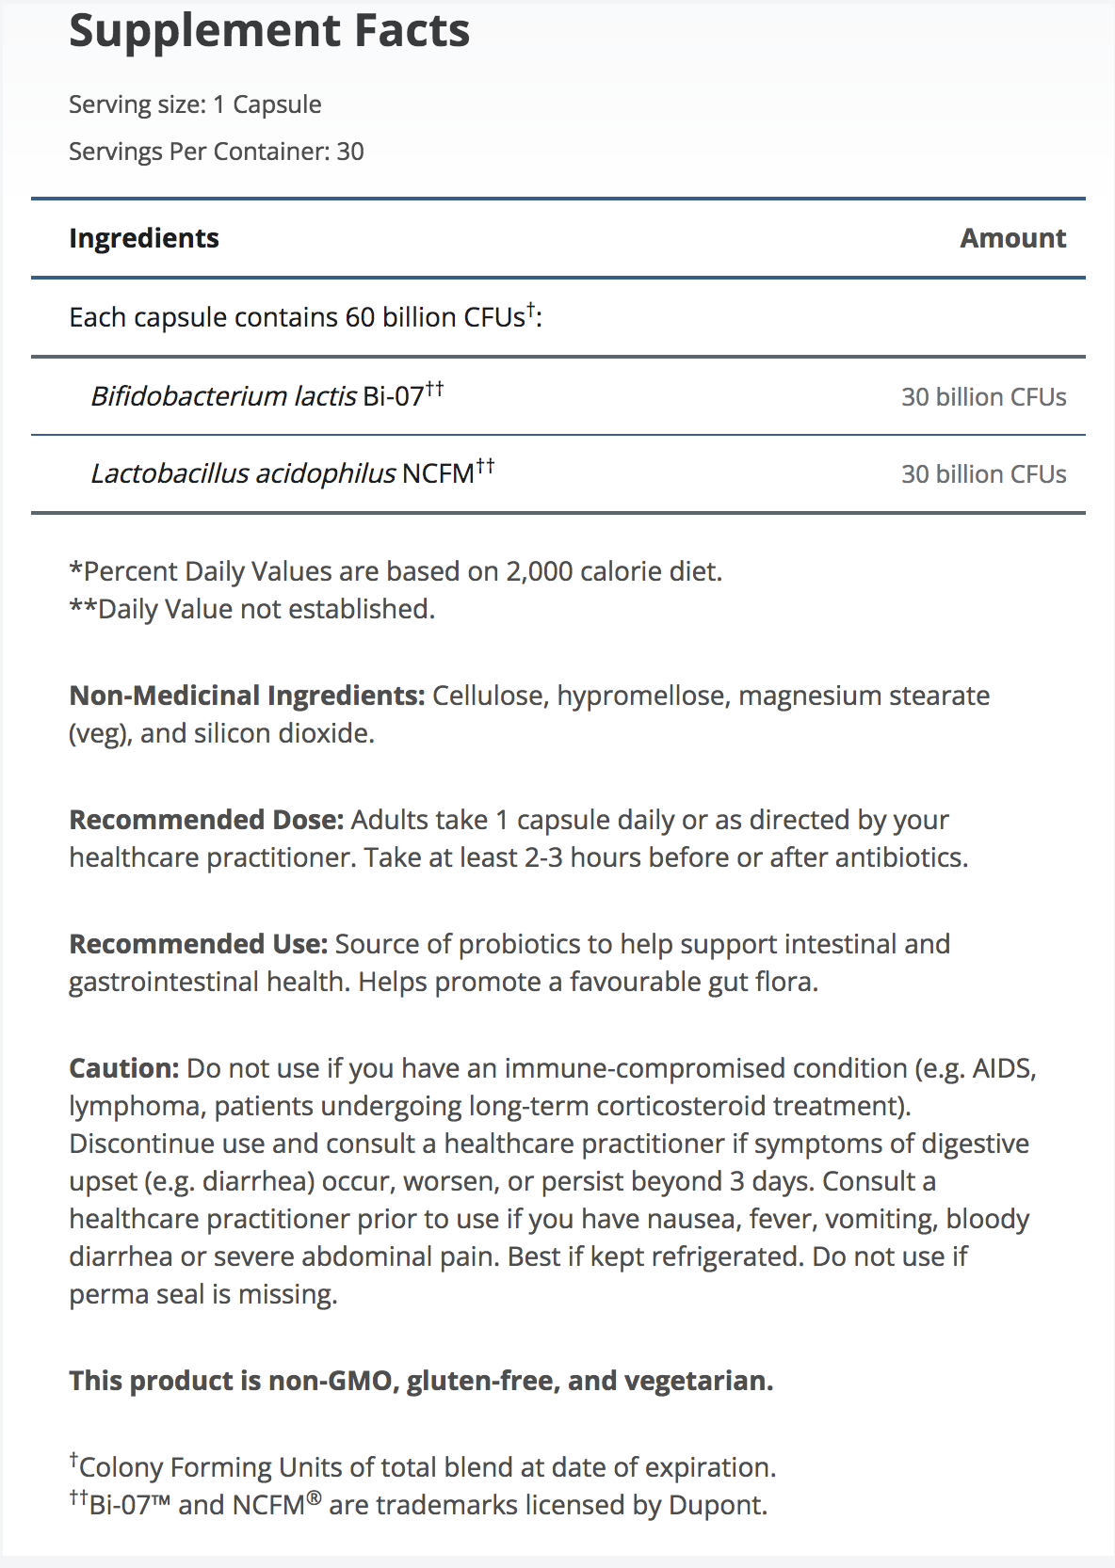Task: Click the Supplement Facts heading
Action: (269, 31)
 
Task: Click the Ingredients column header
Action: (144, 238)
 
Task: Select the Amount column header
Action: (1012, 238)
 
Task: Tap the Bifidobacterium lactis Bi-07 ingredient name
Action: (267, 395)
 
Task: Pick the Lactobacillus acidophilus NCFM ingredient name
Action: (292, 472)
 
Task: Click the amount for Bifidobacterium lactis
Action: (983, 397)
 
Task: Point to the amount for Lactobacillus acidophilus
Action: (983, 474)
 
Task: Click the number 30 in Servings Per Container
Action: (350, 152)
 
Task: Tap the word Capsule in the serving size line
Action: (277, 104)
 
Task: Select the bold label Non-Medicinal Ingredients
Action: (247, 696)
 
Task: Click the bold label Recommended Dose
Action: (206, 820)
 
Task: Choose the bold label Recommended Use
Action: (198, 944)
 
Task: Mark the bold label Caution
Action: (123, 1068)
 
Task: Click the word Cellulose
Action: (489, 696)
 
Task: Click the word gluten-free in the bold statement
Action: (480, 1381)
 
